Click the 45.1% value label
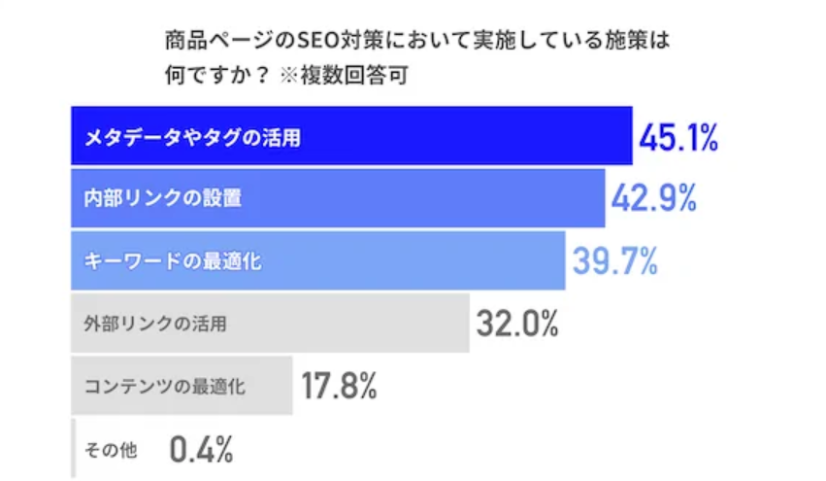click(677, 138)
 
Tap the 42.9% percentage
click(654, 199)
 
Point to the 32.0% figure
click(516, 323)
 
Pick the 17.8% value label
click(339, 386)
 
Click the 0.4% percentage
click(201, 449)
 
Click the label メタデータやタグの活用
click(192, 138)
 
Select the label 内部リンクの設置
click(162, 199)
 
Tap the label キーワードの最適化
click(172, 261)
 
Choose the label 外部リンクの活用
click(155, 324)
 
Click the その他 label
click(112, 450)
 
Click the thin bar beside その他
click(73, 449)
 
